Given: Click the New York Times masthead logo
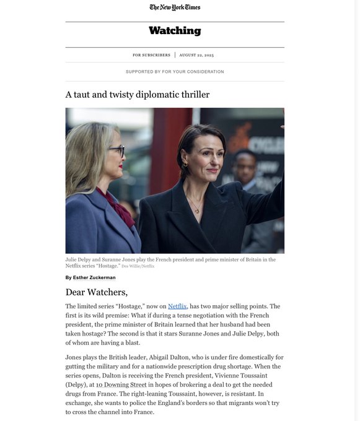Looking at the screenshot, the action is pos(175,7).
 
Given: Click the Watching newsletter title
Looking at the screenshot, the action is pos(175,30).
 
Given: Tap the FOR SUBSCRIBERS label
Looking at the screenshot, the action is pos(151,55).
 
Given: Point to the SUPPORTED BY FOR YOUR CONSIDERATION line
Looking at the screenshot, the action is pos(175,72).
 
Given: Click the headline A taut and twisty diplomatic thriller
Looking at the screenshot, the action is pos(138,95).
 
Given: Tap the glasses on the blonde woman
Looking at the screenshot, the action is pos(116,150).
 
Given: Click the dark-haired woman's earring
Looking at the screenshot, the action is pos(185,165).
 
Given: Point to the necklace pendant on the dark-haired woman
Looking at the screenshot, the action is pos(198,210).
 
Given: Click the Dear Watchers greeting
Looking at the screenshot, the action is pos(96,292).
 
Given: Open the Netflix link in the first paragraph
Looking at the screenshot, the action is pos(177,306).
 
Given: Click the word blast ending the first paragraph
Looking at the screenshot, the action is pos(131,342).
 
